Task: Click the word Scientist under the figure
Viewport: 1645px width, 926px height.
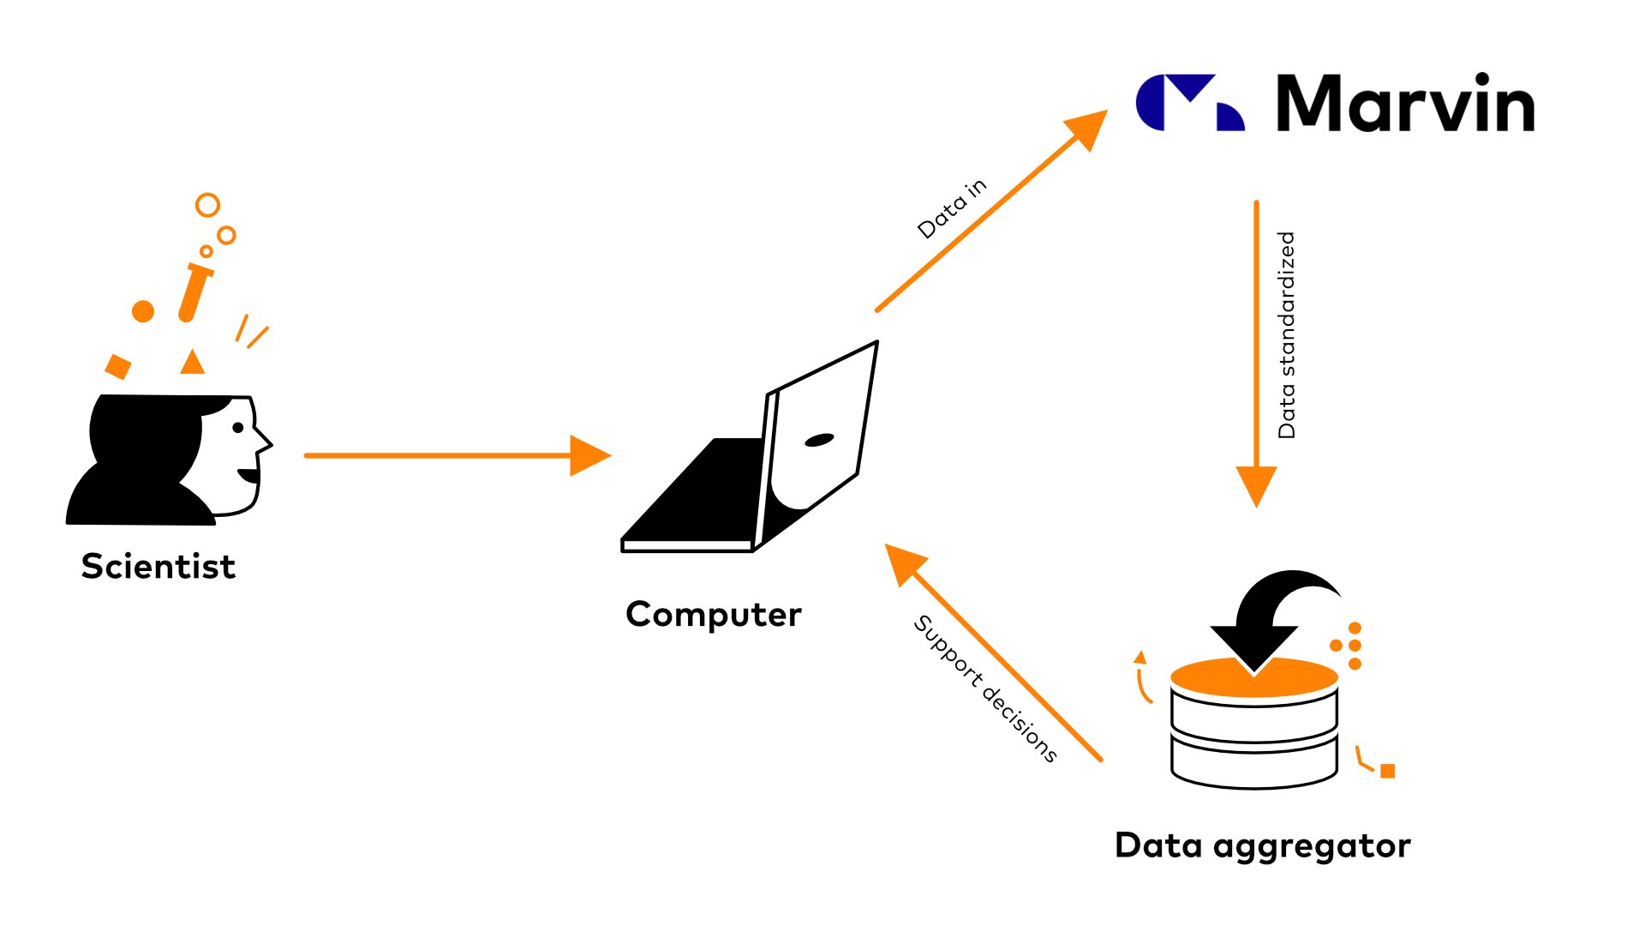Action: click(159, 567)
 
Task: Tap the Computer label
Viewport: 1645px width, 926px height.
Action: click(713, 615)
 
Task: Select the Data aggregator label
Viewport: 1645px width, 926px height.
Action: click(1262, 846)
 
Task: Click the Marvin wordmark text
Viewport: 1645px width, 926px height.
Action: click(1405, 104)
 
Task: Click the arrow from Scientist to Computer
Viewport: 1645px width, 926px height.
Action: click(454, 455)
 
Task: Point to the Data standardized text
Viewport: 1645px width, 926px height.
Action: click(1287, 335)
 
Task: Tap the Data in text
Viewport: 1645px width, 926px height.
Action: click(952, 209)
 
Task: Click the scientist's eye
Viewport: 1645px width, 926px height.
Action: click(238, 427)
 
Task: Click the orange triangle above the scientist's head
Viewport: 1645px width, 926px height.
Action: click(193, 363)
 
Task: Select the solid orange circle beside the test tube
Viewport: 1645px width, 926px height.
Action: click(143, 311)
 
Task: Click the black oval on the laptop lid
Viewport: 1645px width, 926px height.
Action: click(819, 440)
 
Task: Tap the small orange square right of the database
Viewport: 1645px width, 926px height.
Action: click(1388, 771)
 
